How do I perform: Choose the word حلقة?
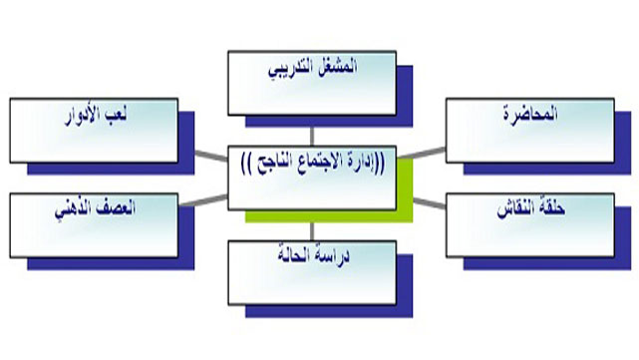tap(552, 211)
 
